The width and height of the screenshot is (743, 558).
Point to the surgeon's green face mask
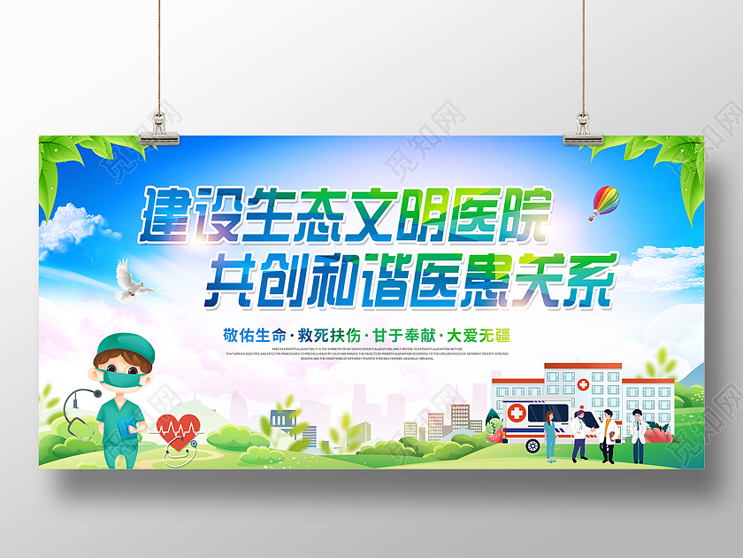(125, 378)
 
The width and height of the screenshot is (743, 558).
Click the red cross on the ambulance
(517, 414)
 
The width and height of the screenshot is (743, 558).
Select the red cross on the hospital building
(584, 385)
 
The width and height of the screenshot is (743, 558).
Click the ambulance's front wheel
(533, 444)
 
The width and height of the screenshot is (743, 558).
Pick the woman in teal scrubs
(550, 434)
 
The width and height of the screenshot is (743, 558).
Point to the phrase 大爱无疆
(479, 336)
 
